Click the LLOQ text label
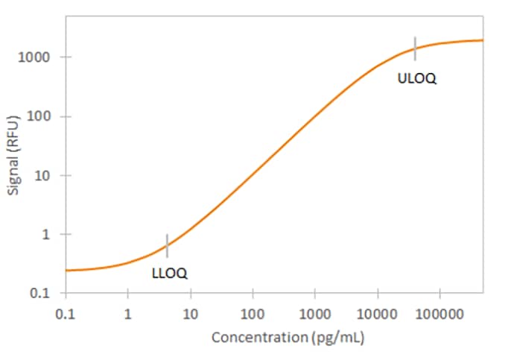point(169,274)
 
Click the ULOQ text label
point(417,78)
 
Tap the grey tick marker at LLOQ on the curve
point(167,244)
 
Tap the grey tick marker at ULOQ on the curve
point(416,48)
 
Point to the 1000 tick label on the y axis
point(37,57)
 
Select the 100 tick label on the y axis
point(39,117)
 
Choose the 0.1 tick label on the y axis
point(42,294)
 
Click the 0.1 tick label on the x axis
point(66,314)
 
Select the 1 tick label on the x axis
point(128,314)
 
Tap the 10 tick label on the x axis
point(190,314)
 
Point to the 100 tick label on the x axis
point(253,314)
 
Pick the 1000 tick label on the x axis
point(314,314)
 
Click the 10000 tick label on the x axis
point(377,314)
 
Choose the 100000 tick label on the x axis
point(440,314)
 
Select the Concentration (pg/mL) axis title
point(288,338)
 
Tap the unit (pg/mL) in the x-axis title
point(337,338)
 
